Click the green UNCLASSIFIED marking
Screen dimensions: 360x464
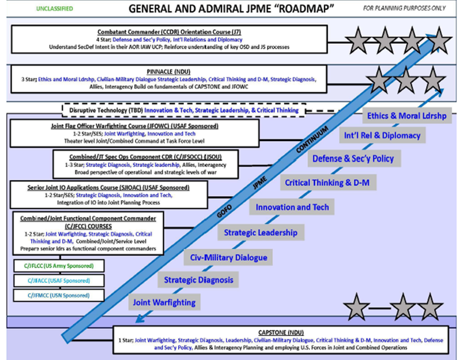55,9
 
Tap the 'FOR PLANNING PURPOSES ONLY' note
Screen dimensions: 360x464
411,9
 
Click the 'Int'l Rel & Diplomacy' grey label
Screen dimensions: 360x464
382,135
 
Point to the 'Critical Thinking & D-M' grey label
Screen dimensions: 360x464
327,183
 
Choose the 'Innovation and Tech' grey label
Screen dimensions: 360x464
292,207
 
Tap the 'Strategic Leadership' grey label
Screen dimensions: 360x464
261,232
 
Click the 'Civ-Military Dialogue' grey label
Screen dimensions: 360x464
228,258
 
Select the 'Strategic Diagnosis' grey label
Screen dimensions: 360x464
198,280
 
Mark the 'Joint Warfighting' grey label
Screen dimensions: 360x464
164,302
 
